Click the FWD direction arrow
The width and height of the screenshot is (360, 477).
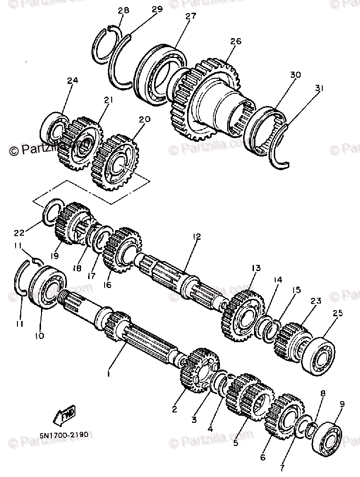65,414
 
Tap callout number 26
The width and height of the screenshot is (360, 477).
236,41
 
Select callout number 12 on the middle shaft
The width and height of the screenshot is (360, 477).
196,236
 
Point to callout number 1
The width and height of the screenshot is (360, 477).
109,373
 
